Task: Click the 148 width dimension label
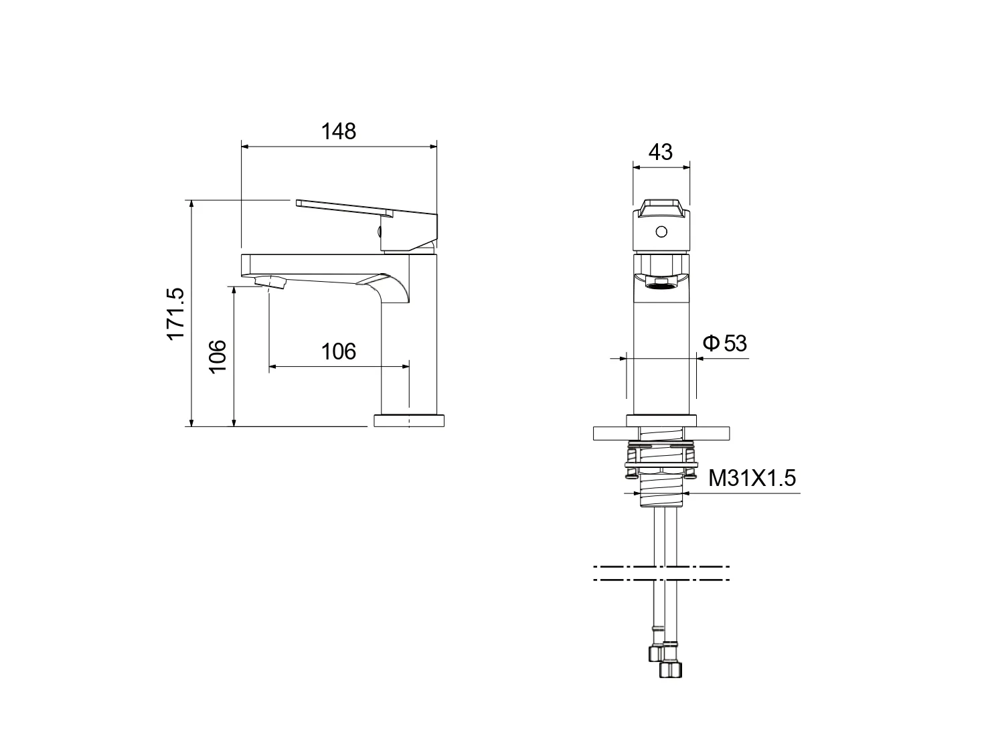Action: pos(338,131)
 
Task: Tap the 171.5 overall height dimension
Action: pos(175,313)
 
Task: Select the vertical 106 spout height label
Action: pos(218,356)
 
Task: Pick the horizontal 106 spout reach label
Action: pos(338,351)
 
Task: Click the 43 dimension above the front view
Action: pos(660,152)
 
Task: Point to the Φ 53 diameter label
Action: pos(725,343)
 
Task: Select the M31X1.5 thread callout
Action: pos(752,478)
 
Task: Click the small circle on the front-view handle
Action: pos(661,232)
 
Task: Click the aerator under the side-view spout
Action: pos(270,282)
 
